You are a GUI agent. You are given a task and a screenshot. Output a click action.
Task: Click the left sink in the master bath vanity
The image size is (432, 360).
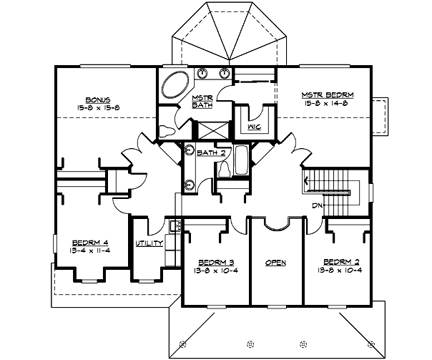pyautogui.click(x=202, y=73)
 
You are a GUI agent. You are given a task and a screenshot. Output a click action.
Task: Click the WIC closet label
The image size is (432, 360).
pyautogui.click(x=253, y=127)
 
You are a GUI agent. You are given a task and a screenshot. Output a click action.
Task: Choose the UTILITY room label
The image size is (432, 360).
pyautogui.click(x=149, y=243)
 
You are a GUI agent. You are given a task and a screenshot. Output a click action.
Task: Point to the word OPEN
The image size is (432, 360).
pyautogui.click(x=276, y=263)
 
